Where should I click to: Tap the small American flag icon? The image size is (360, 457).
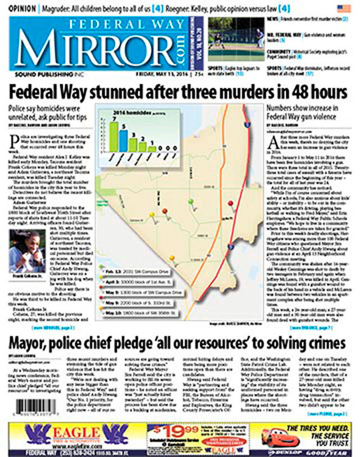click(x=344, y=8)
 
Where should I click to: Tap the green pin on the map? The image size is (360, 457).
click(x=191, y=202)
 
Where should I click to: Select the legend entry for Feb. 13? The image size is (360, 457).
click(x=129, y=285)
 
